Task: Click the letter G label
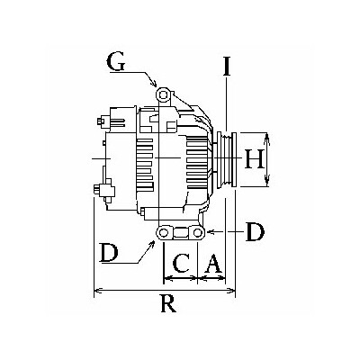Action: (x=115, y=63)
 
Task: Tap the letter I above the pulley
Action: (x=227, y=66)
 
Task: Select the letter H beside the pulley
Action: (x=254, y=159)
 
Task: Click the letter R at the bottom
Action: (x=168, y=303)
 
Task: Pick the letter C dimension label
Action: (x=181, y=264)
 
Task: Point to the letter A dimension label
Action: (x=213, y=264)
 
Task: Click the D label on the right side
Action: (x=255, y=232)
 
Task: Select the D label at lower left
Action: (x=109, y=253)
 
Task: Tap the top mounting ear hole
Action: (x=163, y=95)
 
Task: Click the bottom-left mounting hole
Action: (x=164, y=232)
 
